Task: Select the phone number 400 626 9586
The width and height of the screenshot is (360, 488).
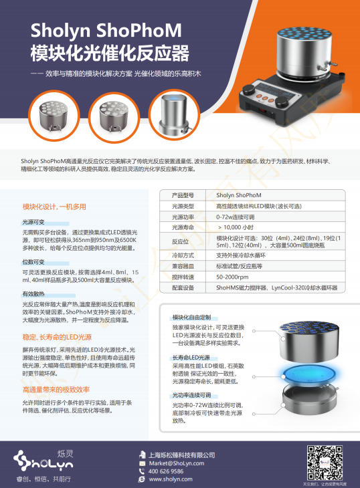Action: (167, 471)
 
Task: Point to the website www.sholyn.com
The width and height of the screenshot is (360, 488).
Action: (171, 479)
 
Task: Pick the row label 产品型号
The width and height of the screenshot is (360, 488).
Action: (183, 195)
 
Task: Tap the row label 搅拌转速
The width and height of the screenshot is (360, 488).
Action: (183, 276)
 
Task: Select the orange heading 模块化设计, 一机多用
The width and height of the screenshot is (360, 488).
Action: (58, 207)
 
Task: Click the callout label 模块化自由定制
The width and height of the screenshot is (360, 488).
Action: (192, 317)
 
